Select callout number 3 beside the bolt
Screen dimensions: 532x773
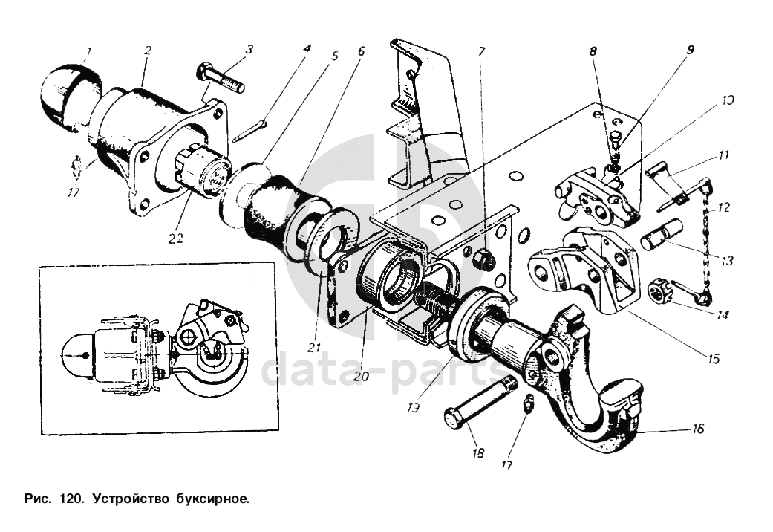[x=250, y=50]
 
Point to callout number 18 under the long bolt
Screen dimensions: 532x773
[x=478, y=452]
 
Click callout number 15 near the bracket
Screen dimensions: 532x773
[x=713, y=358]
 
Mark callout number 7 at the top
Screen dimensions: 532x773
[x=481, y=52]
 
